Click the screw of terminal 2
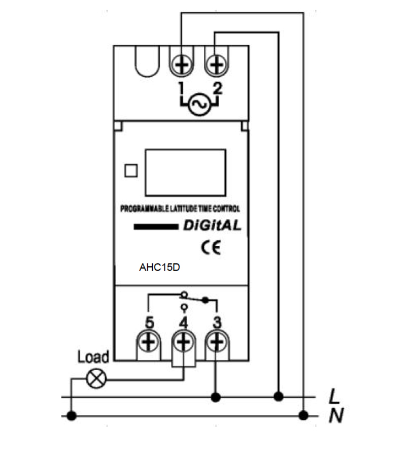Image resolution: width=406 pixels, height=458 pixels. [217, 65]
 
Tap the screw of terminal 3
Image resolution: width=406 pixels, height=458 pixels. [217, 343]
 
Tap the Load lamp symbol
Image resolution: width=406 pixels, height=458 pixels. [94, 379]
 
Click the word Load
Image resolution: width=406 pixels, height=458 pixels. [93, 357]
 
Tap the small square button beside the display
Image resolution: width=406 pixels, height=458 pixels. [131, 171]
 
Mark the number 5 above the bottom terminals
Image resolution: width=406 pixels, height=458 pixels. [149, 322]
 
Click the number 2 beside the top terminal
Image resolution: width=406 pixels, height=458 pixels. [218, 89]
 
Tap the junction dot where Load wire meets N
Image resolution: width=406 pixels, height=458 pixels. [72, 416]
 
